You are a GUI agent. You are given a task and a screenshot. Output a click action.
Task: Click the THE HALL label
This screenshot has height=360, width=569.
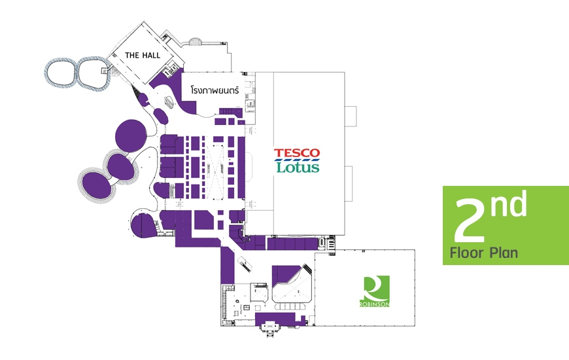click(143, 55)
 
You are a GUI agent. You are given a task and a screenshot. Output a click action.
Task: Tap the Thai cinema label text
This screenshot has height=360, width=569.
click(215, 90)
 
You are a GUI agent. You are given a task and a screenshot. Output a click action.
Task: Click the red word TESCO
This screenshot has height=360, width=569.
click(297, 153)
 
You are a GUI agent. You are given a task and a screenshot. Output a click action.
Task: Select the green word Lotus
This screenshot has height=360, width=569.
click(298, 167)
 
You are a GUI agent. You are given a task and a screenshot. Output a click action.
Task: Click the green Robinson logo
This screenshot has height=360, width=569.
click(375, 291)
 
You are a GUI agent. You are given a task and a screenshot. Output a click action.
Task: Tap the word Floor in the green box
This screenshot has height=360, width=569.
click(467, 253)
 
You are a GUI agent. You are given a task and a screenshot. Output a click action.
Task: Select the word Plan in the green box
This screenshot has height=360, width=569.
click(504, 253)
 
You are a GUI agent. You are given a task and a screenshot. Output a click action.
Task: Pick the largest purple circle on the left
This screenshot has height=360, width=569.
click(131, 135)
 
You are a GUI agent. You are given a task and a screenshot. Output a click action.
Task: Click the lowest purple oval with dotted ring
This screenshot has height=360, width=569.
click(97, 185)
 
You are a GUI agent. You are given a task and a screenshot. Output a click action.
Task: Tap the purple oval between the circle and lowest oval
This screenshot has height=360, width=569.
click(120, 166)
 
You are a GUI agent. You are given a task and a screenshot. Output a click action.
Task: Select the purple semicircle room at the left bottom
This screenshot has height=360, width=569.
click(144, 226)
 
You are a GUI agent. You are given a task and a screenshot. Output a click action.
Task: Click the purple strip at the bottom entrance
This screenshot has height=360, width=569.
click(279, 319)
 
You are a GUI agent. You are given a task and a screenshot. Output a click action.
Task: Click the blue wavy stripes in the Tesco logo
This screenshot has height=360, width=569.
click(297, 160)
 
